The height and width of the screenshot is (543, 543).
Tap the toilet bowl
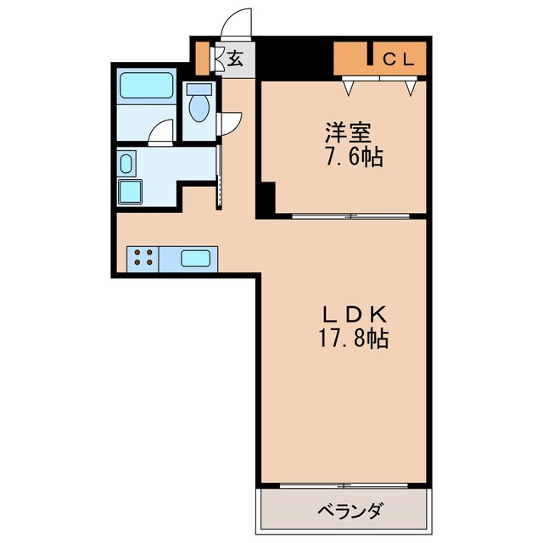click(x=199, y=109)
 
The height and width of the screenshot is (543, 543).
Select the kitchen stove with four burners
click(x=142, y=258)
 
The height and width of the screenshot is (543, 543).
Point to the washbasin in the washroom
click(x=126, y=163)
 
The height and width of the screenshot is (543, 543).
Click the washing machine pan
click(x=132, y=192)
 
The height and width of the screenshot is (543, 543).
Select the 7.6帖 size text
click(x=348, y=157)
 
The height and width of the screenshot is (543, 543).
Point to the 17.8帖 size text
click(x=350, y=339)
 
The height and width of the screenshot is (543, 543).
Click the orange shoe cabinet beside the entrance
click(x=202, y=58)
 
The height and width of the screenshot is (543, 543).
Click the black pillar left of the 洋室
click(x=266, y=200)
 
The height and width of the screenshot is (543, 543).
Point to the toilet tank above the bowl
click(x=199, y=89)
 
